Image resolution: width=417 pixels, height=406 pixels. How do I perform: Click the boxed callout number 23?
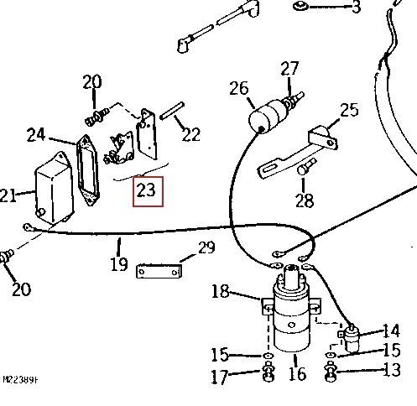(146, 190)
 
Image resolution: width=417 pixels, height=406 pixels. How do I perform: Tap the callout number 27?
(289, 68)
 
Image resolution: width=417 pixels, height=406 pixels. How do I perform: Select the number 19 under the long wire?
(119, 264)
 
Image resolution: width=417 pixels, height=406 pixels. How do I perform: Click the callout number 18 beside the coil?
(221, 291)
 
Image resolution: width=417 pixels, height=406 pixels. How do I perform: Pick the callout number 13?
(392, 371)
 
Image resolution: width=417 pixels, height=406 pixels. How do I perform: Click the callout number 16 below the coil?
(296, 373)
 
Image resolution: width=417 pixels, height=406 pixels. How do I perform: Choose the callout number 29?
(206, 248)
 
